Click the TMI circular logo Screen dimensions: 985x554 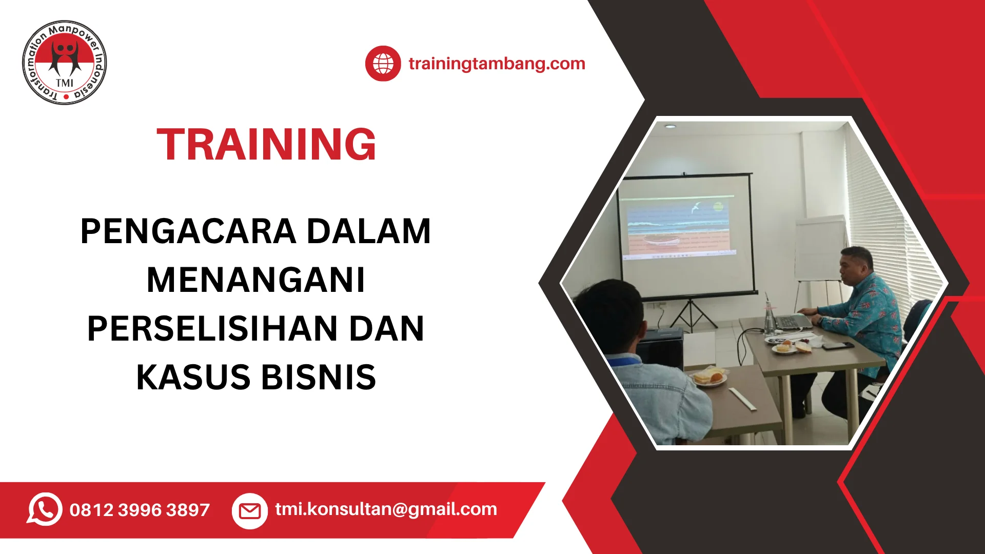tap(65, 63)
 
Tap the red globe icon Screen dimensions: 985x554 tap(383, 64)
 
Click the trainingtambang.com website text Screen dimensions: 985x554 tap(497, 64)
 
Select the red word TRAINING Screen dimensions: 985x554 tap(266, 144)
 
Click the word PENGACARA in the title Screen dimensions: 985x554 tap(188, 231)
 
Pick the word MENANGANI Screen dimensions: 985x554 tap(255, 280)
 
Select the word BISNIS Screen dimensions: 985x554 tap(319, 378)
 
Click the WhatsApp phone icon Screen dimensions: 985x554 tap(45, 509)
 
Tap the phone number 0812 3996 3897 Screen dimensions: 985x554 tap(140, 510)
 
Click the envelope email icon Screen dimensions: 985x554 tap(250, 511)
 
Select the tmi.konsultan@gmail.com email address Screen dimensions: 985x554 tap(386, 509)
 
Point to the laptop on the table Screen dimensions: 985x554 tap(792, 321)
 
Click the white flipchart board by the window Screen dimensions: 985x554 tap(820, 249)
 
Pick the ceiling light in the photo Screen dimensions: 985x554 tap(670, 126)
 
